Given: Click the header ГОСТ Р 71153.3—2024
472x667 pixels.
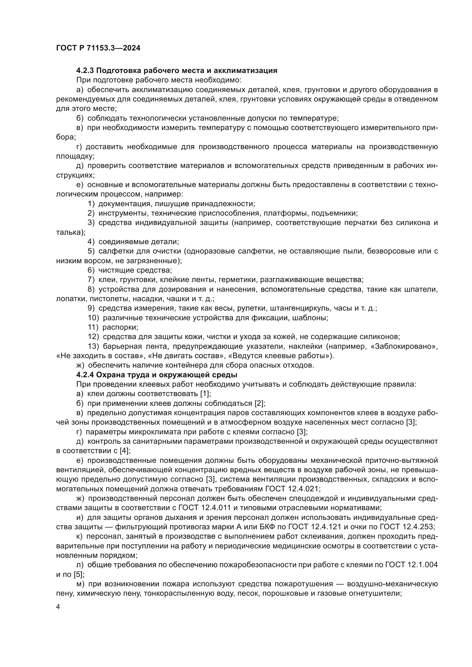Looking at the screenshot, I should tap(98, 48).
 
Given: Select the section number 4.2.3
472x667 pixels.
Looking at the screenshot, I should tap(85, 71).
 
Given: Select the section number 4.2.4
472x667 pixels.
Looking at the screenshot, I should tap(85, 375).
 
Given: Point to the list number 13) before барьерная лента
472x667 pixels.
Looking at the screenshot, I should tap(93, 346).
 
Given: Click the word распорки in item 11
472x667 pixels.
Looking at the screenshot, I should tap(120, 327).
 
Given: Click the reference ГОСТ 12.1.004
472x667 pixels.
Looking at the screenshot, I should tap(411, 565).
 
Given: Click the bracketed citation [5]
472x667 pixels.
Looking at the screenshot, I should tap(78, 574).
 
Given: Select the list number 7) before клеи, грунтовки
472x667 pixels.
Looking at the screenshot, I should tap(91, 280).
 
